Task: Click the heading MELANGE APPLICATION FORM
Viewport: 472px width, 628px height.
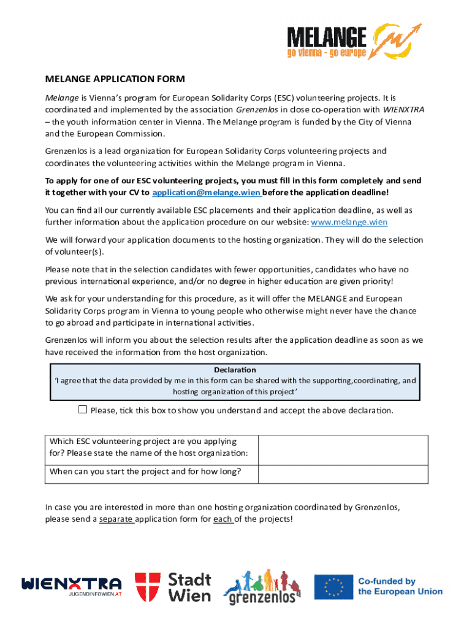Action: (115, 78)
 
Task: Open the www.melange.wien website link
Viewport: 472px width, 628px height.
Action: (349, 222)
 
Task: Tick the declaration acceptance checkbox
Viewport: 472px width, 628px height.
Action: (83, 410)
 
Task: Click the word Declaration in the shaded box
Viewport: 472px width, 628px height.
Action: (235, 370)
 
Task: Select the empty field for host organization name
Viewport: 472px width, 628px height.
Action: (343, 450)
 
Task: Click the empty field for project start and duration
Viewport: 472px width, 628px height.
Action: (343, 473)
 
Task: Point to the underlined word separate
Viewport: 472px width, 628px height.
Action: (116, 519)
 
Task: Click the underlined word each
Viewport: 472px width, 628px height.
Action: (223, 519)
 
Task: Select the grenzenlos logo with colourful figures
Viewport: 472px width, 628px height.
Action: (262, 586)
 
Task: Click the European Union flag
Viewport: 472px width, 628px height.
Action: (333, 586)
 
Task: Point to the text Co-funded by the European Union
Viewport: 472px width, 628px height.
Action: (400, 586)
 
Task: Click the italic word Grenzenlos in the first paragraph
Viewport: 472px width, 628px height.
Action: (256, 110)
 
